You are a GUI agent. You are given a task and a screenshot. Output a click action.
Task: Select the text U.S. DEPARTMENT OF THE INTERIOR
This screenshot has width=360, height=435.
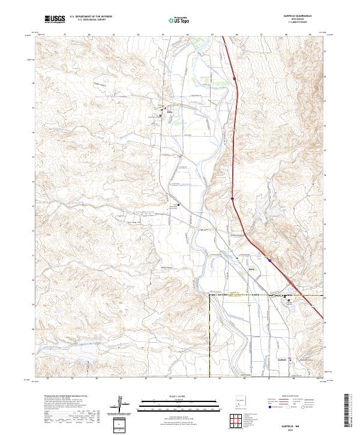click(x=90, y=17)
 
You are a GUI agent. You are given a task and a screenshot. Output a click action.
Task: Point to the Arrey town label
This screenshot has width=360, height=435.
click(x=169, y=112)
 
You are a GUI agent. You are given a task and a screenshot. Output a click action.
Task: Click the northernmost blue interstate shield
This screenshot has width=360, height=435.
click(x=233, y=77)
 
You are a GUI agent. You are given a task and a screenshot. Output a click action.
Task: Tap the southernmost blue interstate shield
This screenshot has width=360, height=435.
click(x=270, y=260)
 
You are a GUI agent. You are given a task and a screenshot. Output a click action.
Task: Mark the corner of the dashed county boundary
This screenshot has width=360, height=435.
click(x=209, y=295)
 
